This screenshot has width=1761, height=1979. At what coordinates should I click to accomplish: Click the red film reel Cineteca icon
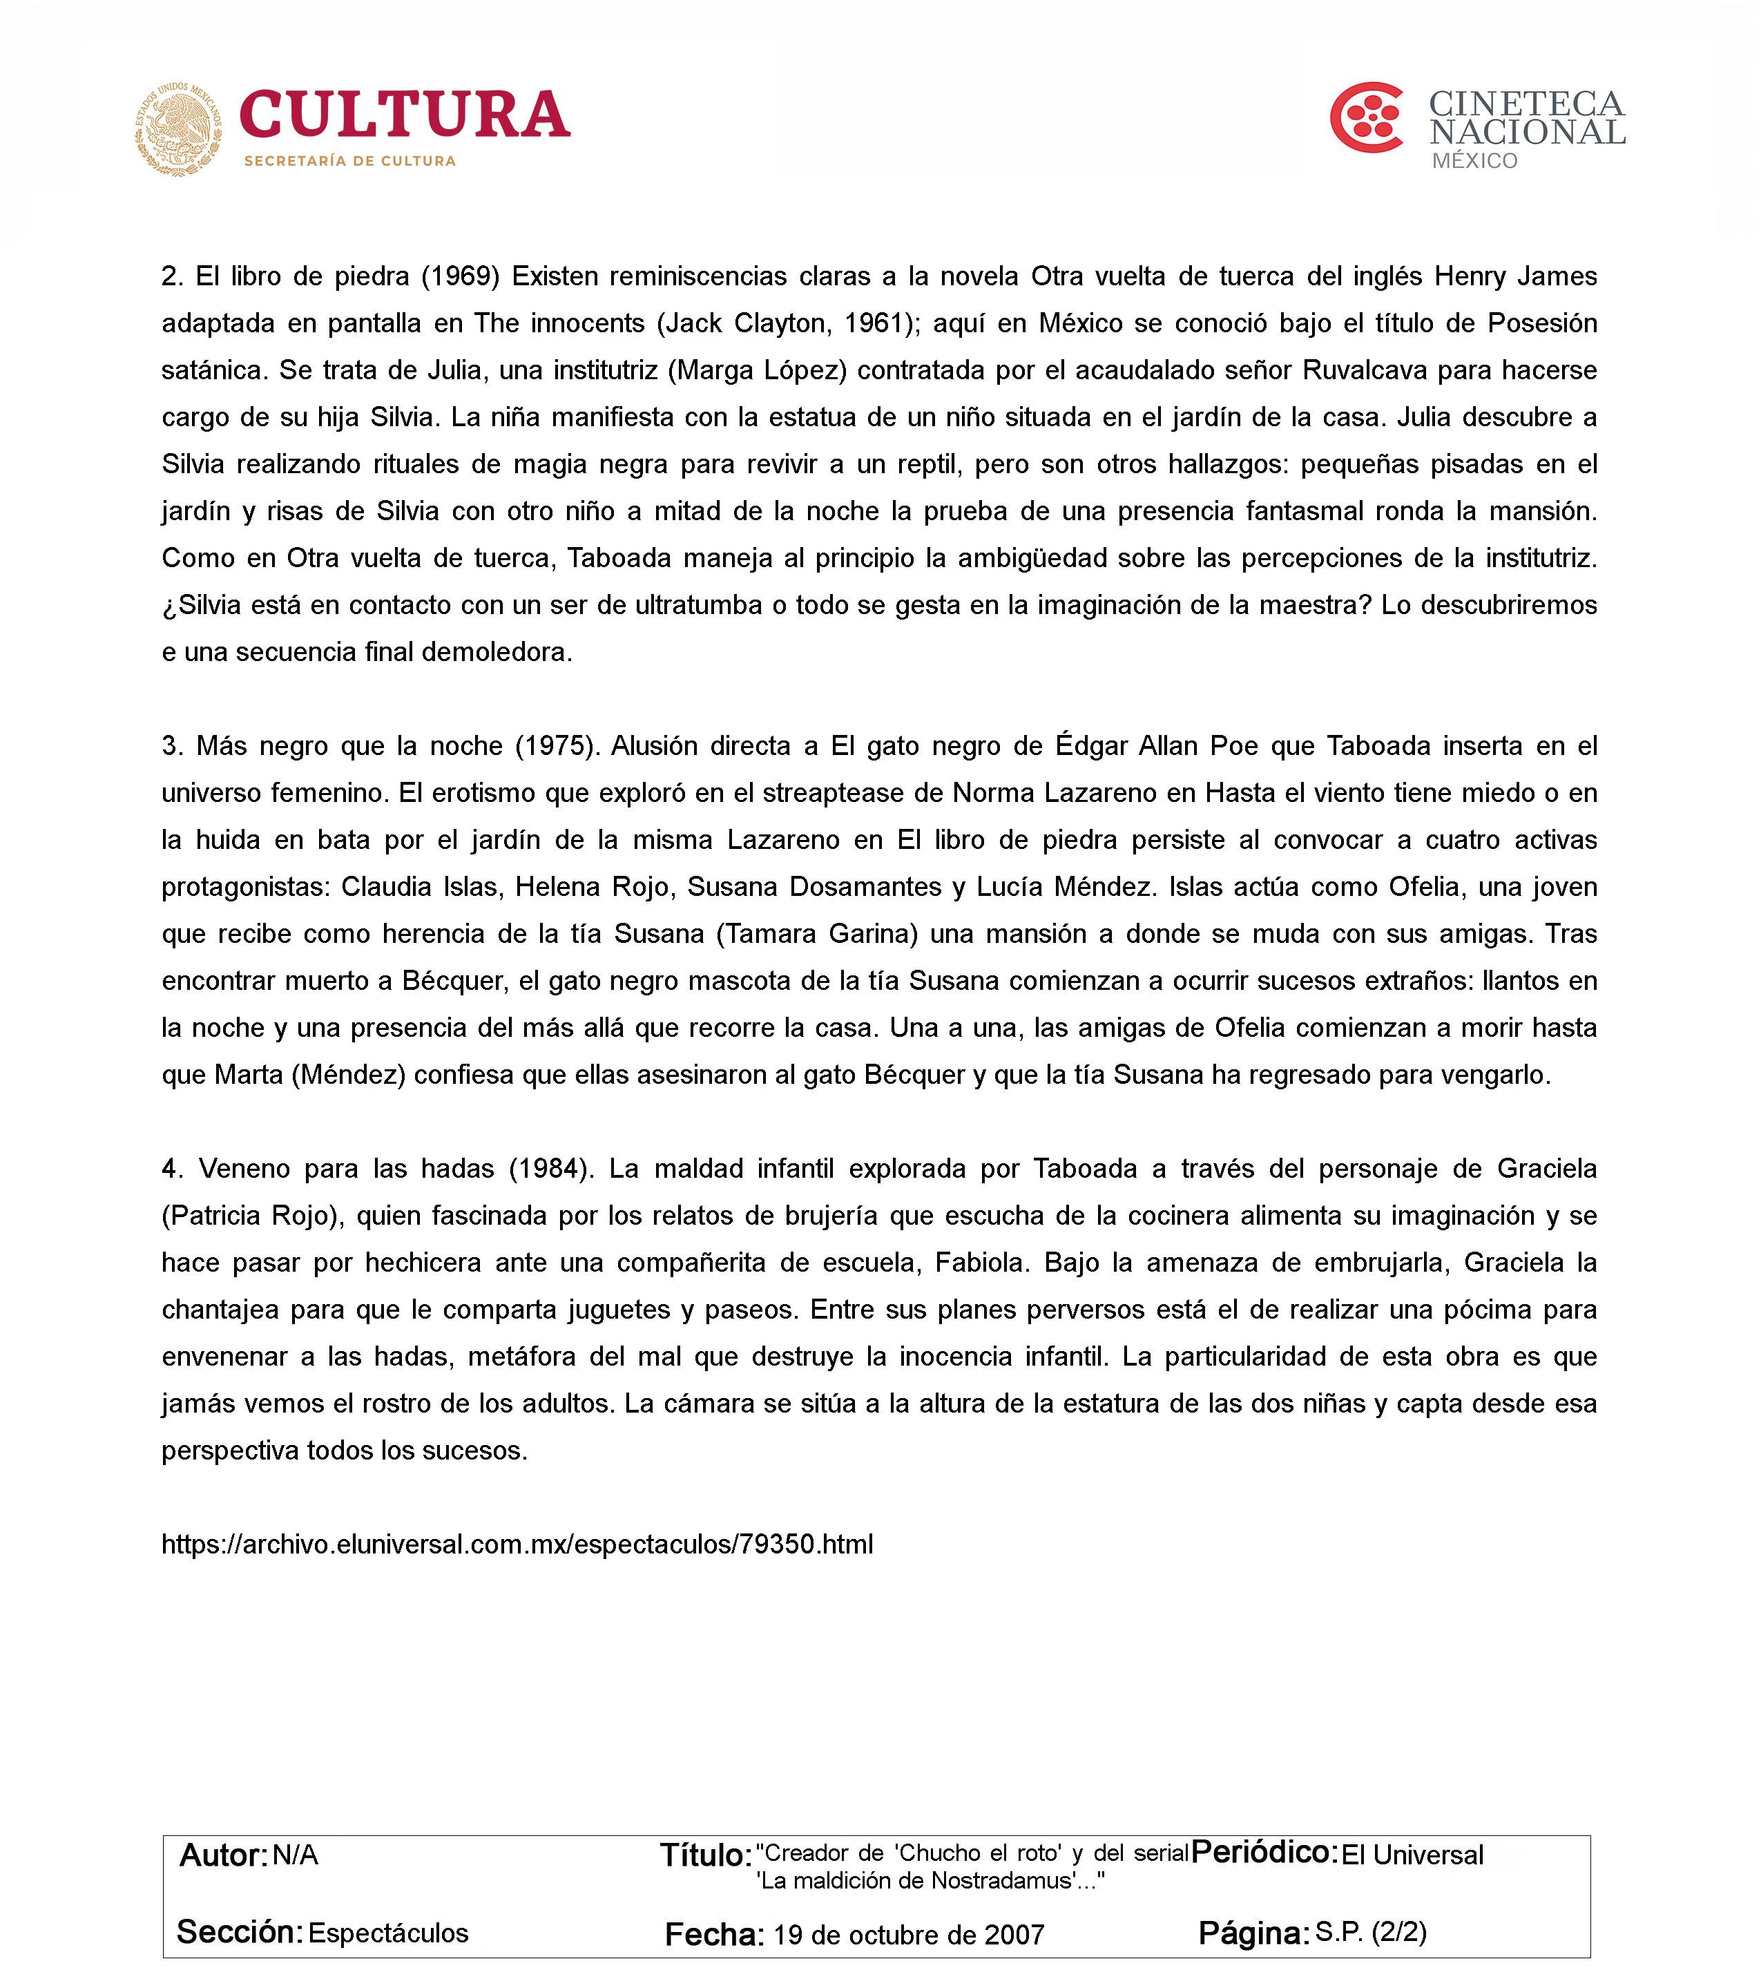(x=1366, y=118)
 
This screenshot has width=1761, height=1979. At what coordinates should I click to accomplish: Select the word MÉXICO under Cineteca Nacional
(x=1474, y=162)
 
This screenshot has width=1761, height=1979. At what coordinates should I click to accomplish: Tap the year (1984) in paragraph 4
(x=550, y=1169)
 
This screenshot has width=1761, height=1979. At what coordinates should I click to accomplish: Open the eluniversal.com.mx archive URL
(x=517, y=1545)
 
